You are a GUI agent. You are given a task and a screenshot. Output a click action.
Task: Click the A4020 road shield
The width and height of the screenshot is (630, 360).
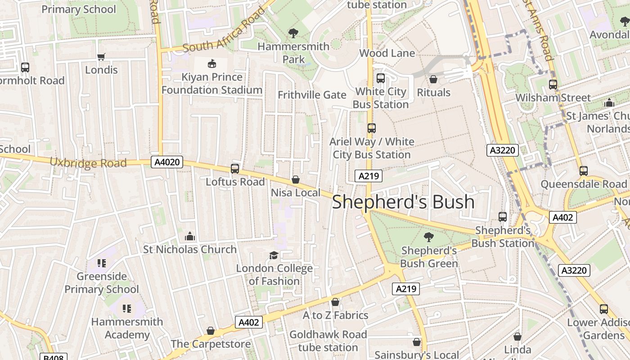tap(167, 162)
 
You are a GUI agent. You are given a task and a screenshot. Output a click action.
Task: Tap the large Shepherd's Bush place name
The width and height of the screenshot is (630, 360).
tap(403, 202)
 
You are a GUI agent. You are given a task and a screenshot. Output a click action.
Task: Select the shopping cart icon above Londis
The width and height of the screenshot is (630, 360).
tap(101, 57)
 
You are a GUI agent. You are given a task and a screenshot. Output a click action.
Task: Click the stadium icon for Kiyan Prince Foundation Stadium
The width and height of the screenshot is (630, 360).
tap(211, 64)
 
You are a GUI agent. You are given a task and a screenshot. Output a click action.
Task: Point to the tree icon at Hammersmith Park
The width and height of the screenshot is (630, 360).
tap(293, 33)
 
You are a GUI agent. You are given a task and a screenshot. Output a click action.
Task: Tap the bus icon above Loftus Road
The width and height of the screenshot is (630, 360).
tap(235, 169)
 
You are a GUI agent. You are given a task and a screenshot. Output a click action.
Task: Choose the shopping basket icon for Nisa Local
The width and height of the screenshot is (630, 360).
tap(296, 180)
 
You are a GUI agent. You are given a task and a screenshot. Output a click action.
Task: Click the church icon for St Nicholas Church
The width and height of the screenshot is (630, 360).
tap(190, 236)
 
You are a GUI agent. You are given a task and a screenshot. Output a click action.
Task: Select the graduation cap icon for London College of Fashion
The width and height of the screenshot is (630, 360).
tap(274, 256)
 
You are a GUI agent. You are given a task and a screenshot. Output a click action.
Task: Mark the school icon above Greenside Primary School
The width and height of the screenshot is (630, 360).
tap(102, 263)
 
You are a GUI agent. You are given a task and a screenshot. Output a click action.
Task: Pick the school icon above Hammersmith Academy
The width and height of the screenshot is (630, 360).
tap(127, 309)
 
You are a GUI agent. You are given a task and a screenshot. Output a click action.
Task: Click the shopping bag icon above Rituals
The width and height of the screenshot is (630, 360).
tap(433, 79)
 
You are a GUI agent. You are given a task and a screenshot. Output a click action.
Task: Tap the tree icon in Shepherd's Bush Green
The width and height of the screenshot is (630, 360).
tap(429, 237)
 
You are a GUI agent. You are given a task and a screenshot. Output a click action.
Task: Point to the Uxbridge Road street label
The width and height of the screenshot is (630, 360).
tap(88, 162)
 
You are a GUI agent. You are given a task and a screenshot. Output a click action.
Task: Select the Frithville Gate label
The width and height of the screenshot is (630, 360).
tap(312, 95)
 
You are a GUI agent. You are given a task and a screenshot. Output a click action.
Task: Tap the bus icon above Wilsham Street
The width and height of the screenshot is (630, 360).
tap(553, 85)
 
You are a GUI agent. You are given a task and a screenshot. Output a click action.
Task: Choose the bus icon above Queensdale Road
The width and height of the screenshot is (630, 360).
tap(584, 171)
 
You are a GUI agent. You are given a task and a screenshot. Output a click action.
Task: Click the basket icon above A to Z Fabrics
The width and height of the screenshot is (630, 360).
tap(335, 302)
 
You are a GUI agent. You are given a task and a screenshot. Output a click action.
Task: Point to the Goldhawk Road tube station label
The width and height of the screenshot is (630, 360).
tap(328, 341)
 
